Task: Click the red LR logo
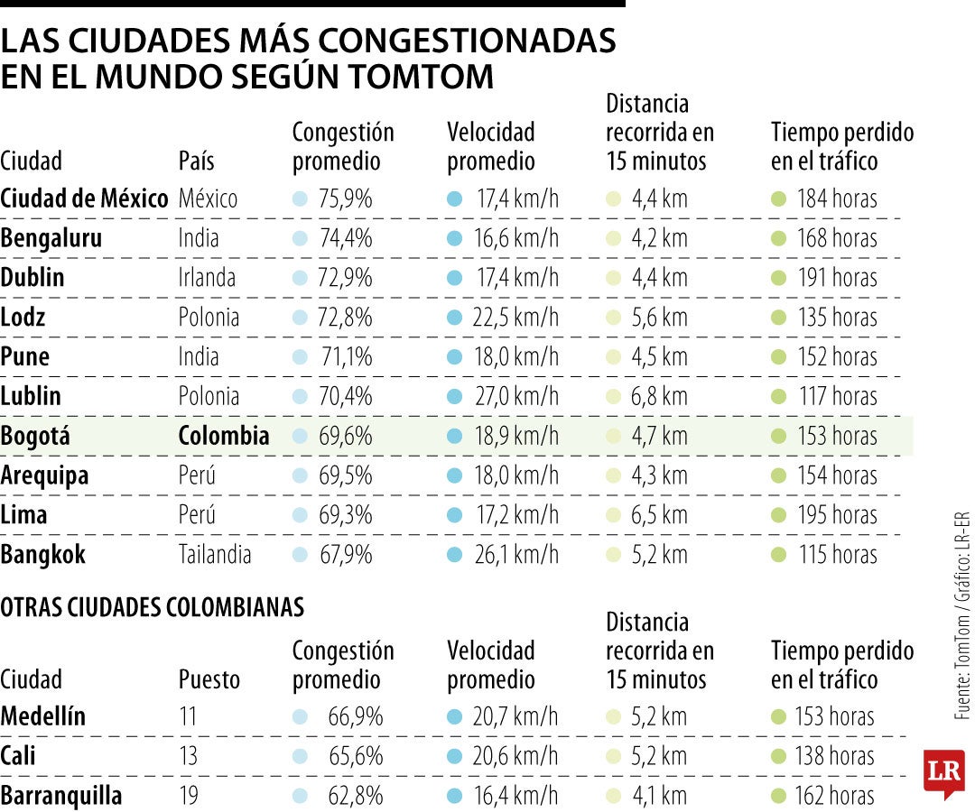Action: click(x=943, y=771)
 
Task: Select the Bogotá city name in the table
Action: click(x=34, y=436)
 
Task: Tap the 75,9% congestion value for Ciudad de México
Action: click(x=345, y=198)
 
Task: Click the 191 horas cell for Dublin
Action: click(x=836, y=278)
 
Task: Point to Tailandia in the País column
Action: click(x=215, y=555)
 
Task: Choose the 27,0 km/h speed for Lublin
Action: click(x=516, y=396)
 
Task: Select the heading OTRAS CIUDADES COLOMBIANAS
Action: click(x=152, y=607)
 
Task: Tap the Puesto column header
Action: click(x=209, y=679)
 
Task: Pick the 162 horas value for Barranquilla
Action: click(x=836, y=796)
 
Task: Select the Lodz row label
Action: click(x=23, y=318)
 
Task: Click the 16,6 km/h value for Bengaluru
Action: click(x=516, y=238)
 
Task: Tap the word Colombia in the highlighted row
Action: click(x=223, y=436)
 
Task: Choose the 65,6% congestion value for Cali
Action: click(x=356, y=756)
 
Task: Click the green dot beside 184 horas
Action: click(x=778, y=198)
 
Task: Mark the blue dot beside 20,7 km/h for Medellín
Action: click(x=455, y=717)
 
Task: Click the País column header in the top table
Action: click(x=196, y=161)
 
